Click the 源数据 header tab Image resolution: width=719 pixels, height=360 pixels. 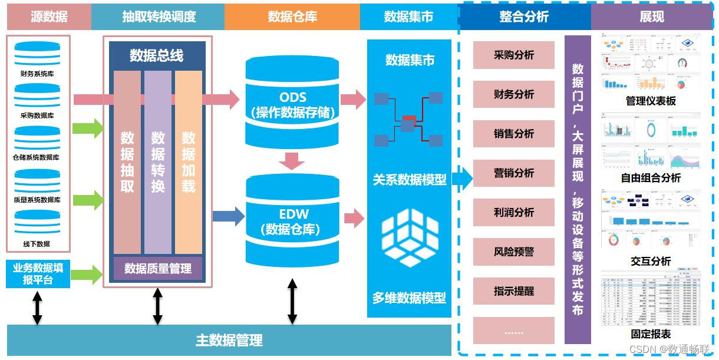click(49, 16)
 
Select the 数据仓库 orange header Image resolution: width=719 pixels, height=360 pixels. click(292, 16)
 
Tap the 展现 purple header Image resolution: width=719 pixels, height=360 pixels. click(651, 16)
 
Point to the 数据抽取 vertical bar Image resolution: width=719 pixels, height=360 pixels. click(127, 162)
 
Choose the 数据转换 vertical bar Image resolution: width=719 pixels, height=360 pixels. click(158, 162)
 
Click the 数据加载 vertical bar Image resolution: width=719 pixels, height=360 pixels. click(189, 162)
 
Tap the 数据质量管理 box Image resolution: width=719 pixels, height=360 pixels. click(157, 269)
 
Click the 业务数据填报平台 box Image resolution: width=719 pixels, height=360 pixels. click(38, 274)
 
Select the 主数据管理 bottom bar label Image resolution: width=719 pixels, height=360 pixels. click(229, 340)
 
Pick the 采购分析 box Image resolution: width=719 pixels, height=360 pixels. click(514, 55)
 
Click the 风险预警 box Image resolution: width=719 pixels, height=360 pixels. click(514, 252)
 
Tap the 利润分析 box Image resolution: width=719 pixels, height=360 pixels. click(514, 212)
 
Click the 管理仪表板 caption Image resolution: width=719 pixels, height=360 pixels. click(651, 101)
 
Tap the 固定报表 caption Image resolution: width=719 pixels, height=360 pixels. click(651, 334)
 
